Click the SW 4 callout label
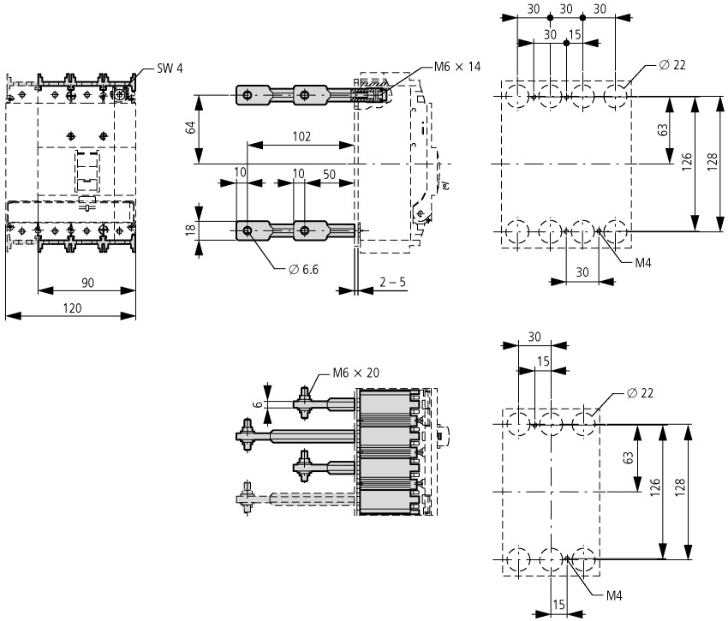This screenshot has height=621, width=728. [x=170, y=69]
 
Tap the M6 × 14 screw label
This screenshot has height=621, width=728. [x=457, y=67]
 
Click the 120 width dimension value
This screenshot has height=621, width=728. [x=72, y=308]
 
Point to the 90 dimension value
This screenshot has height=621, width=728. [x=87, y=283]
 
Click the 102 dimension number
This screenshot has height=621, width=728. [x=301, y=136]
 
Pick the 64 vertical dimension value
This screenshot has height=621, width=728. [x=191, y=128]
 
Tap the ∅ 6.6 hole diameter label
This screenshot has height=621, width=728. [x=304, y=270]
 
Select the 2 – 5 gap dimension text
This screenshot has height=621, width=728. [x=392, y=282]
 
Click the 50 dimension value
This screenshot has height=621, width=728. [x=329, y=175]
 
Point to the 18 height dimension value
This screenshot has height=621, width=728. [x=191, y=230]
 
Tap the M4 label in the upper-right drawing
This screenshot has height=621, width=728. [x=643, y=263]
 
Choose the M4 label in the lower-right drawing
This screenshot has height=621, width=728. [x=614, y=596]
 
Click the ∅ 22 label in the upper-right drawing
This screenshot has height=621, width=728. [x=672, y=65]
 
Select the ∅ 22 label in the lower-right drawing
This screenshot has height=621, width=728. [x=640, y=393]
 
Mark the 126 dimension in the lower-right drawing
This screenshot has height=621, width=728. [x=654, y=487]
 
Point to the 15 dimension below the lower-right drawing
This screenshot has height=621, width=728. [x=558, y=605]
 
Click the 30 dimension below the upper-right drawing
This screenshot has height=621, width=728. [x=582, y=272]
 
